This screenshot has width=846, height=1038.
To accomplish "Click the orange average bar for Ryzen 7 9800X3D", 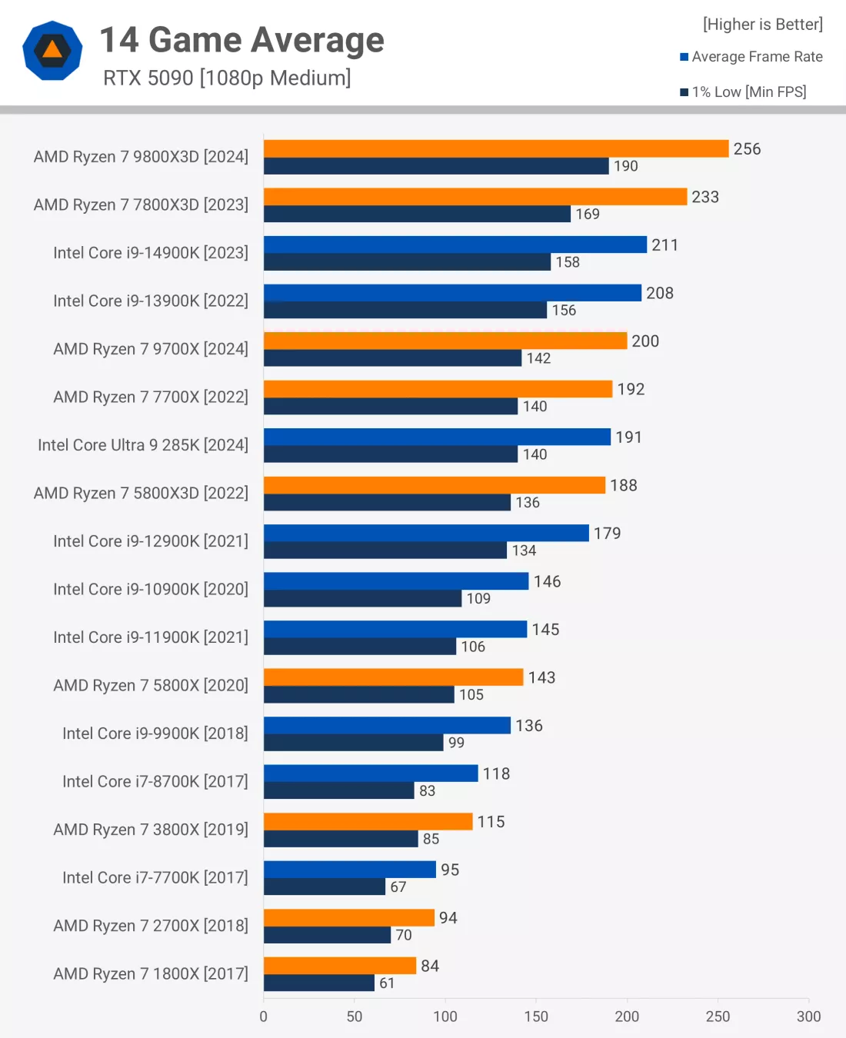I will coord(496,148).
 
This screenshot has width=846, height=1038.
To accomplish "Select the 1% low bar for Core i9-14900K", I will coord(407,262).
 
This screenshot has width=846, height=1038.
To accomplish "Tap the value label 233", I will coord(705,197).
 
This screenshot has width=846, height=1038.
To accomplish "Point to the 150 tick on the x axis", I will coord(536,1016).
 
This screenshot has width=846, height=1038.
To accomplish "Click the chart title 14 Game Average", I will coord(242,40).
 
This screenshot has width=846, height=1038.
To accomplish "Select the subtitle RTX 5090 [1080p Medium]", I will coord(227,78).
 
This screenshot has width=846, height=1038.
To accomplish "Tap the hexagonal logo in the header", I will coord(52,51).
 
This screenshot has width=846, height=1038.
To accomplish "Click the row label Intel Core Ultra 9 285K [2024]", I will coord(143,445).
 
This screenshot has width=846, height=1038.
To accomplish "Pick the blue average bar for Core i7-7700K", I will coord(350,870).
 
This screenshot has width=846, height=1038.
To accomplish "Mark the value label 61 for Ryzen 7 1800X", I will coord(387,983).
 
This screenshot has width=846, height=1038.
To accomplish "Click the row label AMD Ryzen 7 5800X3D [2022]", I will coord(141,493).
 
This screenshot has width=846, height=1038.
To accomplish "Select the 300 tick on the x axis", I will coord(808,1016).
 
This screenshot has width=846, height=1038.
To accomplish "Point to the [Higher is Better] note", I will coord(762,25).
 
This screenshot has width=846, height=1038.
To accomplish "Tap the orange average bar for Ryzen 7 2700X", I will coord(349,917).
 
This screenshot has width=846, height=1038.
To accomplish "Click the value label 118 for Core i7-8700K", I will coord(496,774).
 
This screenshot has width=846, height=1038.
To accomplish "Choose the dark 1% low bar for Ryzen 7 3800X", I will coord(341,839).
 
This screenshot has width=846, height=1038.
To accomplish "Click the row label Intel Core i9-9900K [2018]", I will coord(155,734).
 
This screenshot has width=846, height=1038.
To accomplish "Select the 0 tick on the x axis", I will coord(264,1016).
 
